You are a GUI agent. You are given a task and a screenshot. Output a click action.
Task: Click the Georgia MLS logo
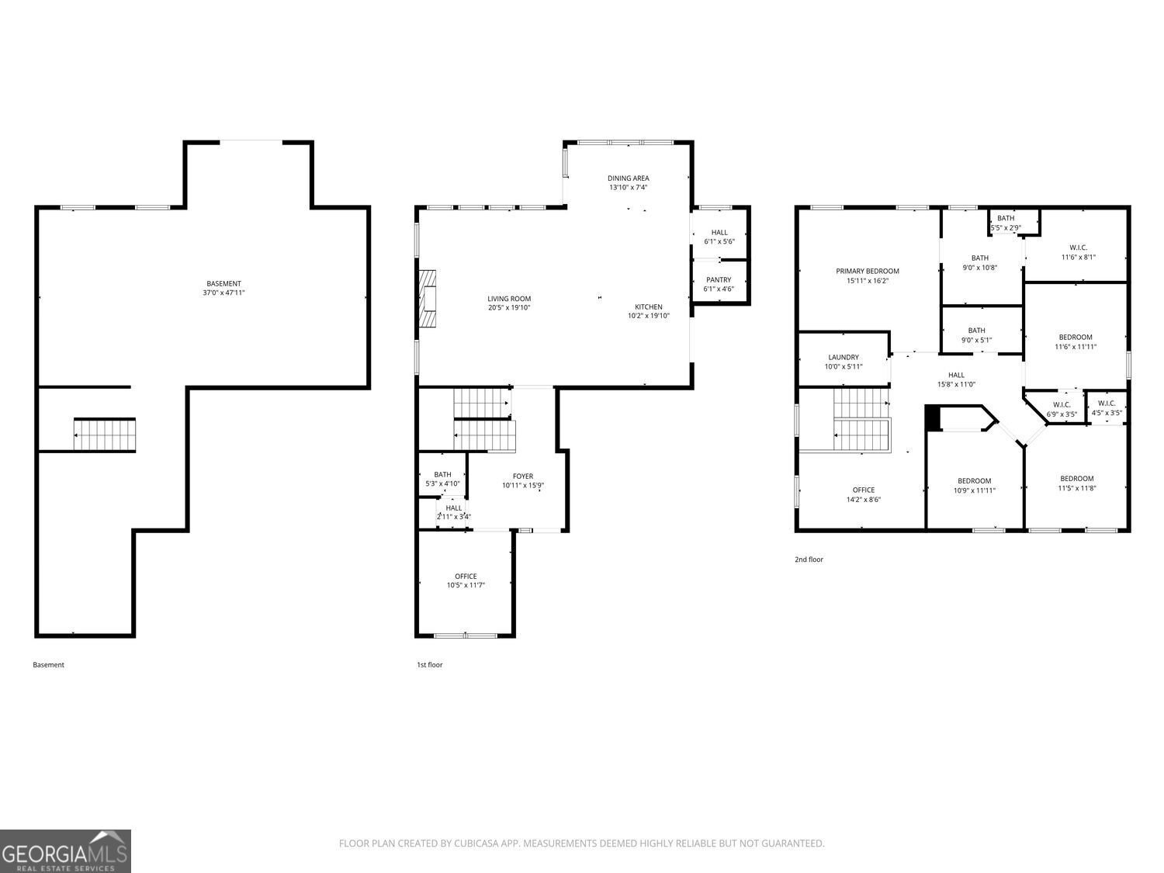click(65, 850)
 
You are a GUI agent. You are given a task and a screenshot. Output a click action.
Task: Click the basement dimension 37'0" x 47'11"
click(223, 293)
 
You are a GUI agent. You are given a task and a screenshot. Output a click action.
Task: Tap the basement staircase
click(105, 435)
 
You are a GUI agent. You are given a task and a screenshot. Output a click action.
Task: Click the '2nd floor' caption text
click(809, 559)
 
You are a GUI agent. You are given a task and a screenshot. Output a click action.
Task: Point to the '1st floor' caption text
click(430, 665)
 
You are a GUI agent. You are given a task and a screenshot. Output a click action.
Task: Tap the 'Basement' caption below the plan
click(49, 665)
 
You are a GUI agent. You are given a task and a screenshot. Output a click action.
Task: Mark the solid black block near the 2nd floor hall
click(933, 417)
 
